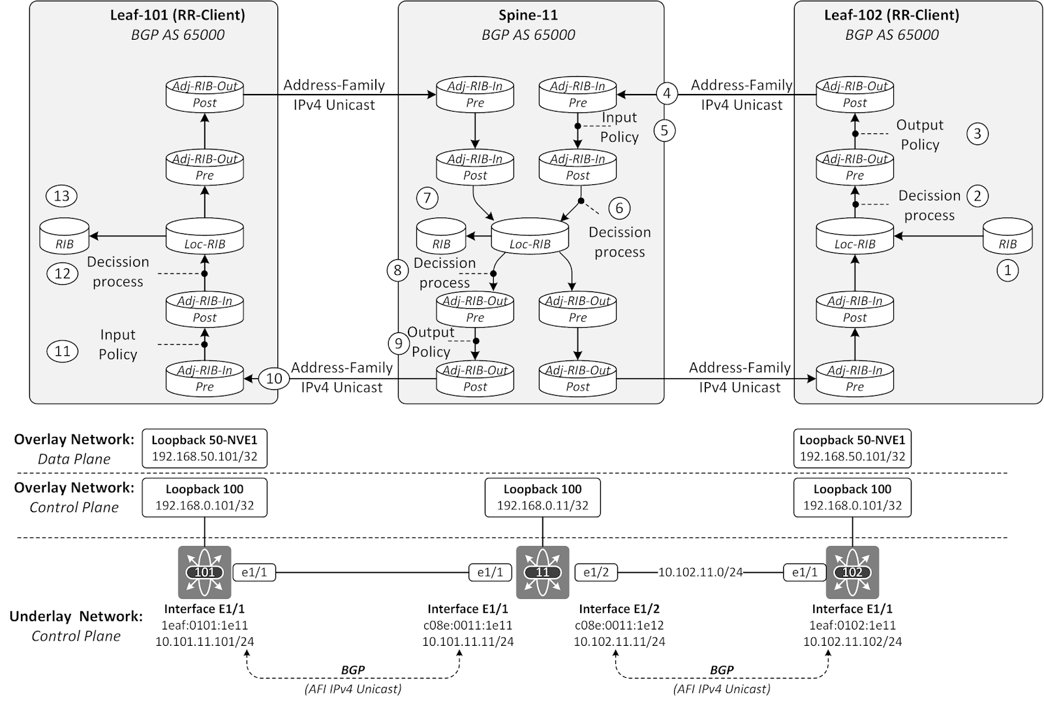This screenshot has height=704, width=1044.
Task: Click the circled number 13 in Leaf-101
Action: (x=62, y=196)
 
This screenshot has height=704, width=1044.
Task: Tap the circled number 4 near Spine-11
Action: (x=667, y=93)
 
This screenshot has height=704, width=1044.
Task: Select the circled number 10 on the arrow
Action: (x=274, y=379)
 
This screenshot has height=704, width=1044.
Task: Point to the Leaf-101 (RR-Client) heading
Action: (x=177, y=15)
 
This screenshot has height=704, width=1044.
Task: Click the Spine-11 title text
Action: (x=528, y=15)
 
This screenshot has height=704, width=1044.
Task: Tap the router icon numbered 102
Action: (x=852, y=573)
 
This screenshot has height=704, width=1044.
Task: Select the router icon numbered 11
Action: (x=542, y=573)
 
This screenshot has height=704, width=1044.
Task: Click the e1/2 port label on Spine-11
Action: (x=596, y=573)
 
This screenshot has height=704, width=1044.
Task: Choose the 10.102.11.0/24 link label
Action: (x=700, y=573)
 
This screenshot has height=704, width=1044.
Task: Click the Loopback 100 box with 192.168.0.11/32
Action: (x=542, y=497)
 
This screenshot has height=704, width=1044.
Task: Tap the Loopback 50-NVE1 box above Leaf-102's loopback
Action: (x=852, y=448)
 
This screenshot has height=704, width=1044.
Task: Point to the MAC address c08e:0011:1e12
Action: (x=619, y=626)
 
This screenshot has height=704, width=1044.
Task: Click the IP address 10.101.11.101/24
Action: (x=204, y=642)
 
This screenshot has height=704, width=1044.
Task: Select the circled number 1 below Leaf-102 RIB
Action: (x=1007, y=270)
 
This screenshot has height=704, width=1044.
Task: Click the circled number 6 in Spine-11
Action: (x=619, y=208)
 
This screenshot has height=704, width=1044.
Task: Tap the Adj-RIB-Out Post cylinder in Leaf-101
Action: (x=204, y=95)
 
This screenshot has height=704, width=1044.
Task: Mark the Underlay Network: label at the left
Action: (x=76, y=616)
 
